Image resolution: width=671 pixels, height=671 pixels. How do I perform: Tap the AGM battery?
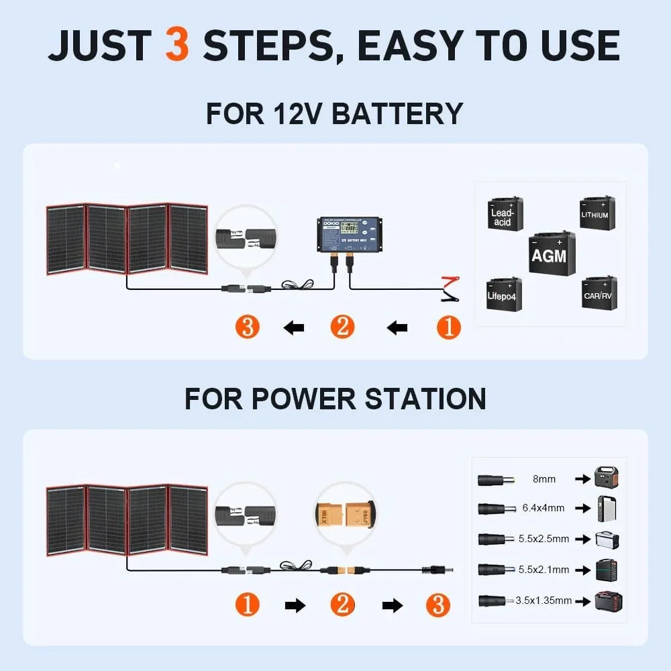coord(548,253)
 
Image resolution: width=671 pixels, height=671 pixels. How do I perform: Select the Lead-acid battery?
coord(503,214)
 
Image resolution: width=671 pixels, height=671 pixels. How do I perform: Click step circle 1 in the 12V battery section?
coord(449,327)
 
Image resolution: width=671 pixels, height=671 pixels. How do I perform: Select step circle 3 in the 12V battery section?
coord(248,327)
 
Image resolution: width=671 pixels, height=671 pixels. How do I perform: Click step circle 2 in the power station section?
coord(342,605)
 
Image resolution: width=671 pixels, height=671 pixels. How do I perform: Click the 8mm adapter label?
coord(544,479)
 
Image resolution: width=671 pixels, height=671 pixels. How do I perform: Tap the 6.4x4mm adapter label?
coord(544,509)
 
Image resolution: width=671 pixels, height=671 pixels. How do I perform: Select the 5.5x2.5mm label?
coord(544,539)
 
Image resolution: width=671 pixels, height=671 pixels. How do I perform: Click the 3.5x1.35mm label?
coord(544,601)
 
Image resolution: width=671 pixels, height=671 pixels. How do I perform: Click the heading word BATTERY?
coord(397,113)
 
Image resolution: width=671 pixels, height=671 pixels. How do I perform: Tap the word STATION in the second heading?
coord(425,399)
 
